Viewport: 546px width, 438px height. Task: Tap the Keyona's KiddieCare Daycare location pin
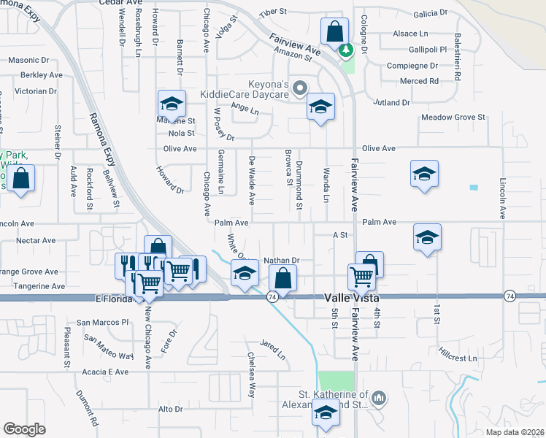(299, 89)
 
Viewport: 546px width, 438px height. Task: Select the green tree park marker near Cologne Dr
(346, 50)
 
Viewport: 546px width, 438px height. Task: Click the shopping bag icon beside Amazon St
(334, 33)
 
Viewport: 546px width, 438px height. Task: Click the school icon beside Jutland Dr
(320, 107)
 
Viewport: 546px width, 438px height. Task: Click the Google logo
(24, 429)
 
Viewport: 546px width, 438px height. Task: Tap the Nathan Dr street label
(282, 260)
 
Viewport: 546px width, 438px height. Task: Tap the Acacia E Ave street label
(107, 372)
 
